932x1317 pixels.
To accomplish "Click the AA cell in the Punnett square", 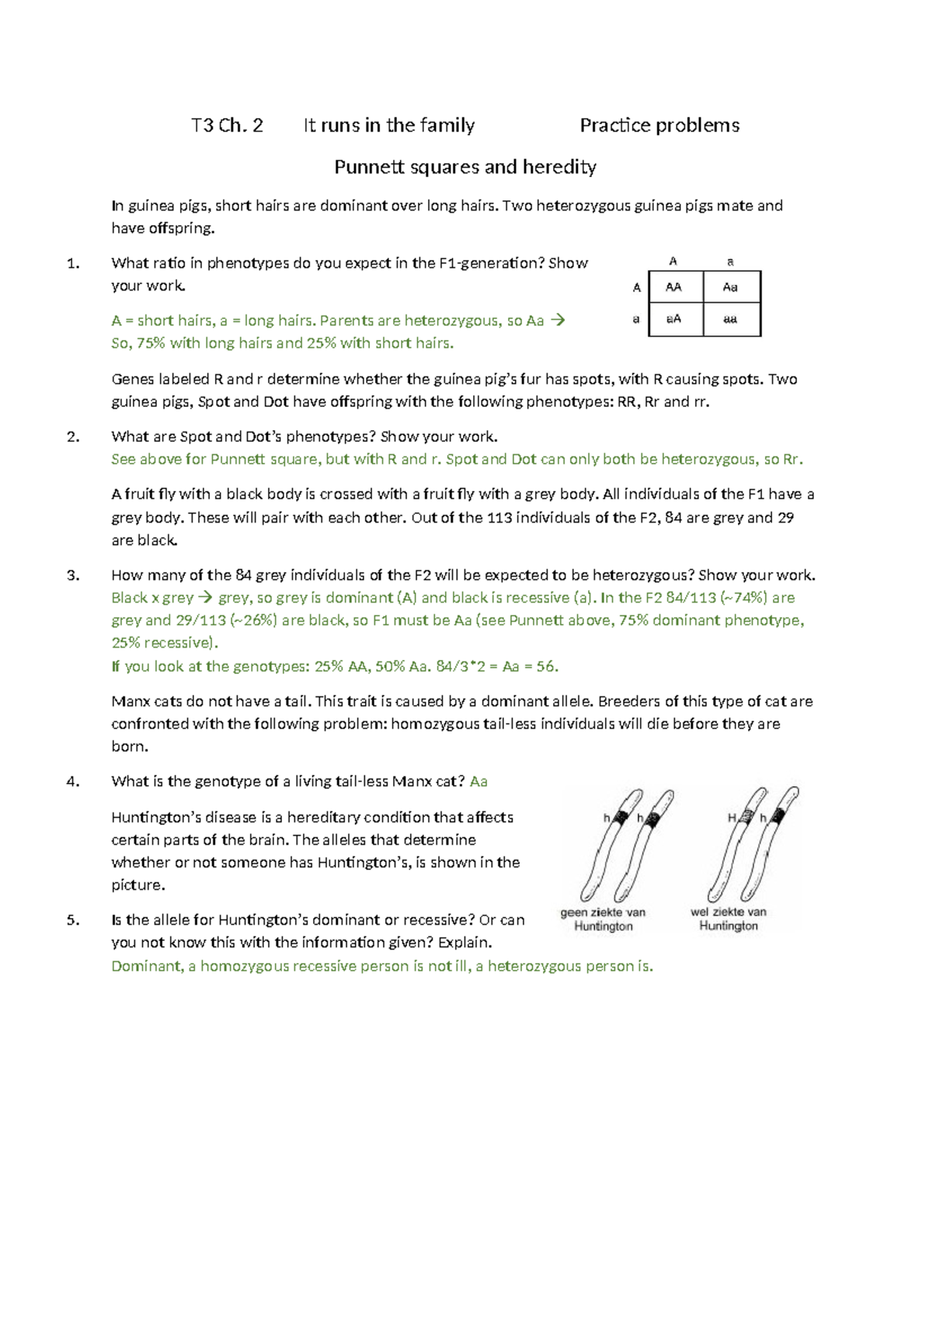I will coord(673,287).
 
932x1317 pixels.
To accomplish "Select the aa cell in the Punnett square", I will coord(730,319).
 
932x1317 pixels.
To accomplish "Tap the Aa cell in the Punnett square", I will coord(730,287).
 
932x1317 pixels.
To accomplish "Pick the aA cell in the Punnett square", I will coord(673,319).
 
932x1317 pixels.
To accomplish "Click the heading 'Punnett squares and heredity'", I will coord(464,167).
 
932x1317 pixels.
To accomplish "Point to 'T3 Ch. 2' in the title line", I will coord(227,126).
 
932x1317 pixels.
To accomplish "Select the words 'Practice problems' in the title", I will coord(659,126).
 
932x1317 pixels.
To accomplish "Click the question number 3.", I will coord(73,575).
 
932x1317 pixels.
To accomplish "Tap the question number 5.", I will coord(73,920).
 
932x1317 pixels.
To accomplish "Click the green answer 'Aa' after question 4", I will coord(478,782).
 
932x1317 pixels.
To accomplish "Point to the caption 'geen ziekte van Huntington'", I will coord(603,919).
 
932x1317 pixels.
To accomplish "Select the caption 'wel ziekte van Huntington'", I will coord(729,919).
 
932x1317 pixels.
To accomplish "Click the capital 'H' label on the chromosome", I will coord(732,818).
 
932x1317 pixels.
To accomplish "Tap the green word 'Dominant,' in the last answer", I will coord(148,967).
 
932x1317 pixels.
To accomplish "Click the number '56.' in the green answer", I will coord(548,666).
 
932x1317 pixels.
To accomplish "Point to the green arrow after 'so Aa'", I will coord(557,321).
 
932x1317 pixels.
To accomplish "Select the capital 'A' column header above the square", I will coord(673,262).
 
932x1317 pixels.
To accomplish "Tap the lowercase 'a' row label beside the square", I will coord(636,319).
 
